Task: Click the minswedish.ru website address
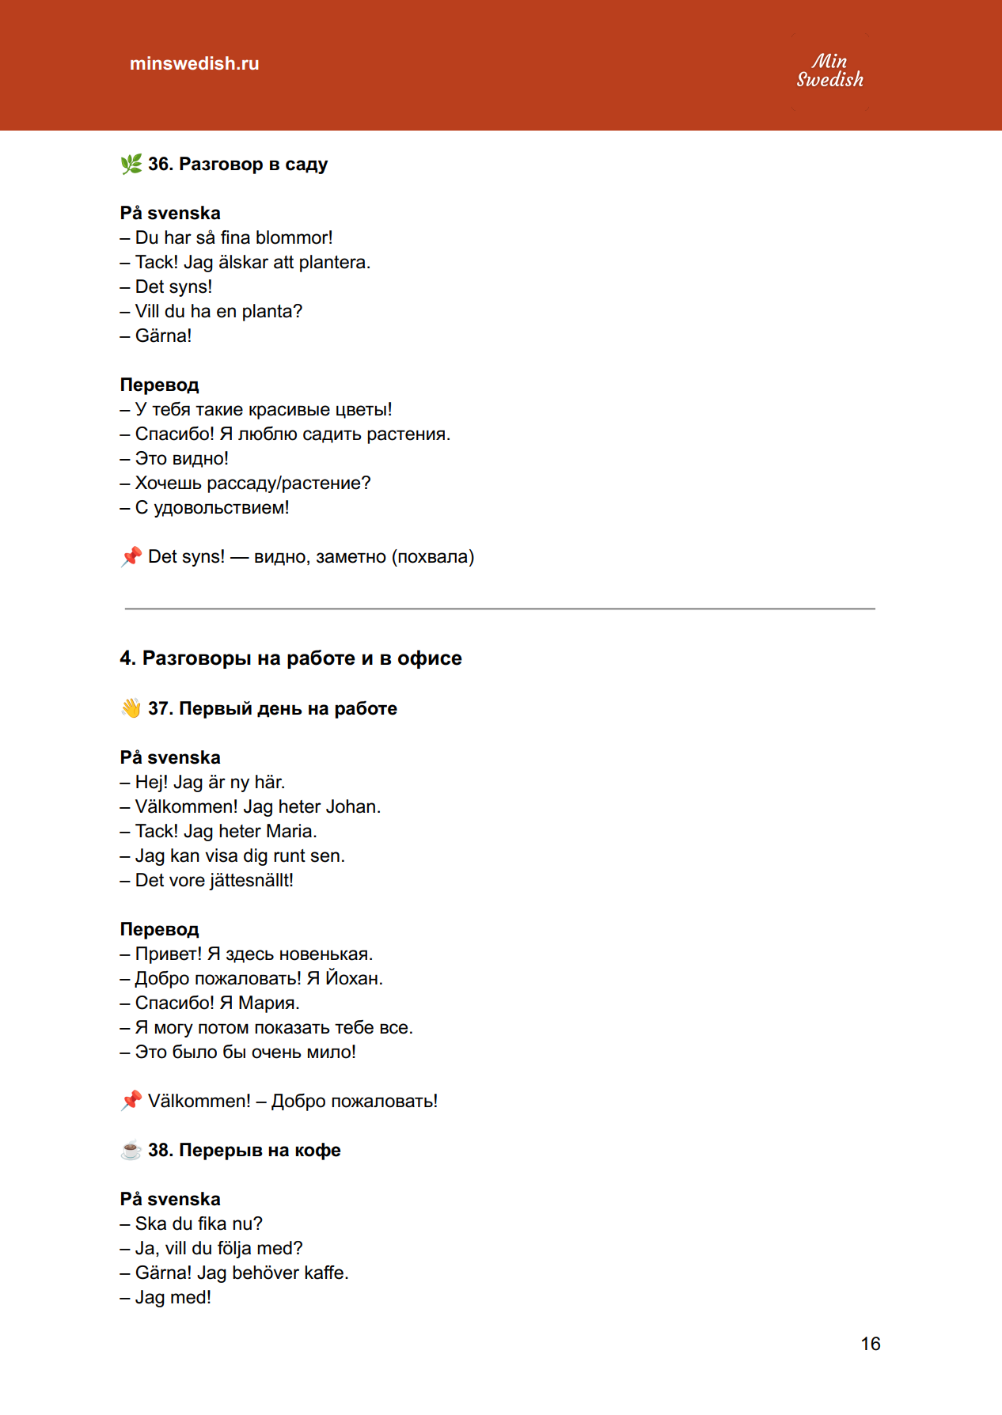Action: (194, 63)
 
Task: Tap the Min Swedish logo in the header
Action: (829, 70)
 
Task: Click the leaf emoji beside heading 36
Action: (131, 164)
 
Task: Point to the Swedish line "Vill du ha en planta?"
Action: (218, 311)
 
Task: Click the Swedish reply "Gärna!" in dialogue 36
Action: (163, 336)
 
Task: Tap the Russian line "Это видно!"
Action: (181, 458)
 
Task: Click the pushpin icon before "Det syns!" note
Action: (131, 556)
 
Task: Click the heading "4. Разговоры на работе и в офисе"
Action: (290, 658)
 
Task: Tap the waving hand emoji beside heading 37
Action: (131, 708)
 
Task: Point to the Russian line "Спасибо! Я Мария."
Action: (217, 1003)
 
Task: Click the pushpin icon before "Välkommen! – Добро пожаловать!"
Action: (131, 1101)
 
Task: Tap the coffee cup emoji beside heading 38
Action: (131, 1150)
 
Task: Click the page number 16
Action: (871, 1344)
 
